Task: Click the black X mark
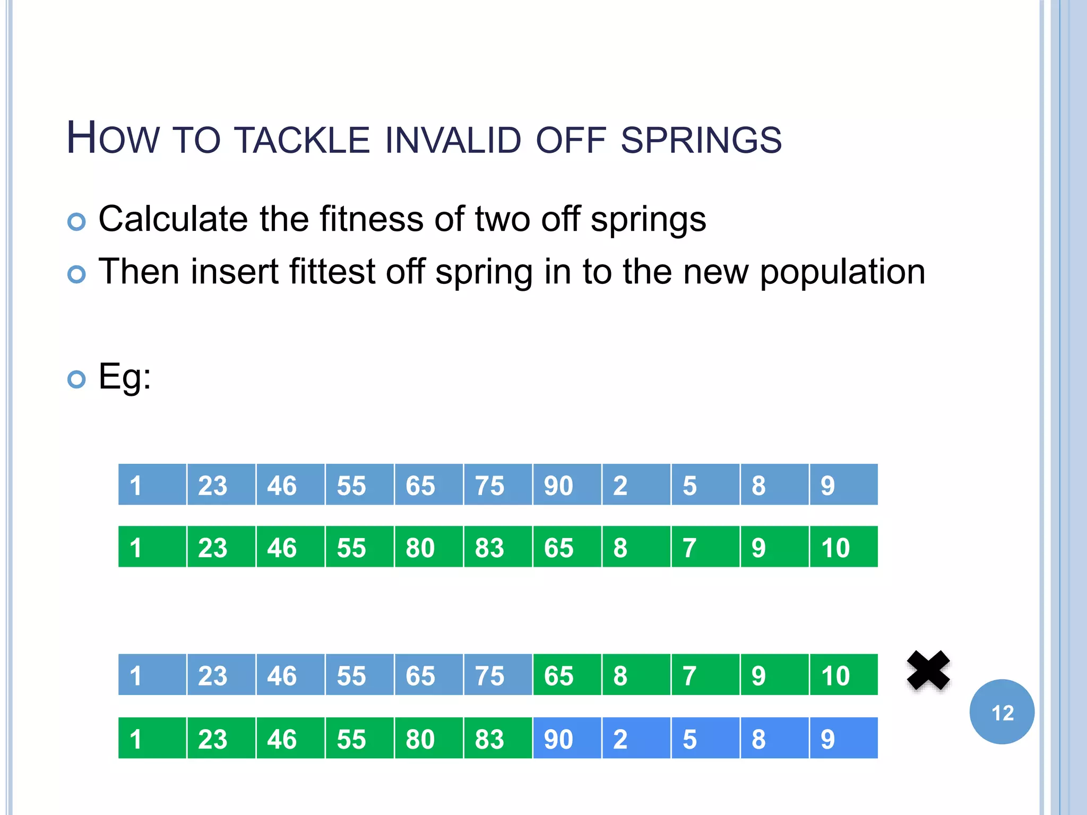[x=928, y=671]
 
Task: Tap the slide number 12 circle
[x=1002, y=712]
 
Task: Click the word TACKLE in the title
[x=302, y=140]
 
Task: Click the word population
[x=842, y=272]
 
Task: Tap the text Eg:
[x=125, y=377]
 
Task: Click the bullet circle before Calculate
[x=77, y=221]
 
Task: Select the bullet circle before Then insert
[x=77, y=274]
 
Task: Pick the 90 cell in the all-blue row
[x=567, y=485]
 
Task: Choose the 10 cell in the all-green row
[x=843, y=547]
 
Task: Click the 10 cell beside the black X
[x=843, y=675]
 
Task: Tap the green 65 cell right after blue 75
[x=567, y=675]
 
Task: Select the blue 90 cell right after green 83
[x=567, y=738]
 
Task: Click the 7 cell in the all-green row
[x=705, y=547]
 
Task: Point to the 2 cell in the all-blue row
[x=636, y=485]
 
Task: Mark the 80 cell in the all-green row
[x=428, y=547]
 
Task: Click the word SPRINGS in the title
[x=701, y=140]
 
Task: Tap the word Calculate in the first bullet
[x=173, y=219]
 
